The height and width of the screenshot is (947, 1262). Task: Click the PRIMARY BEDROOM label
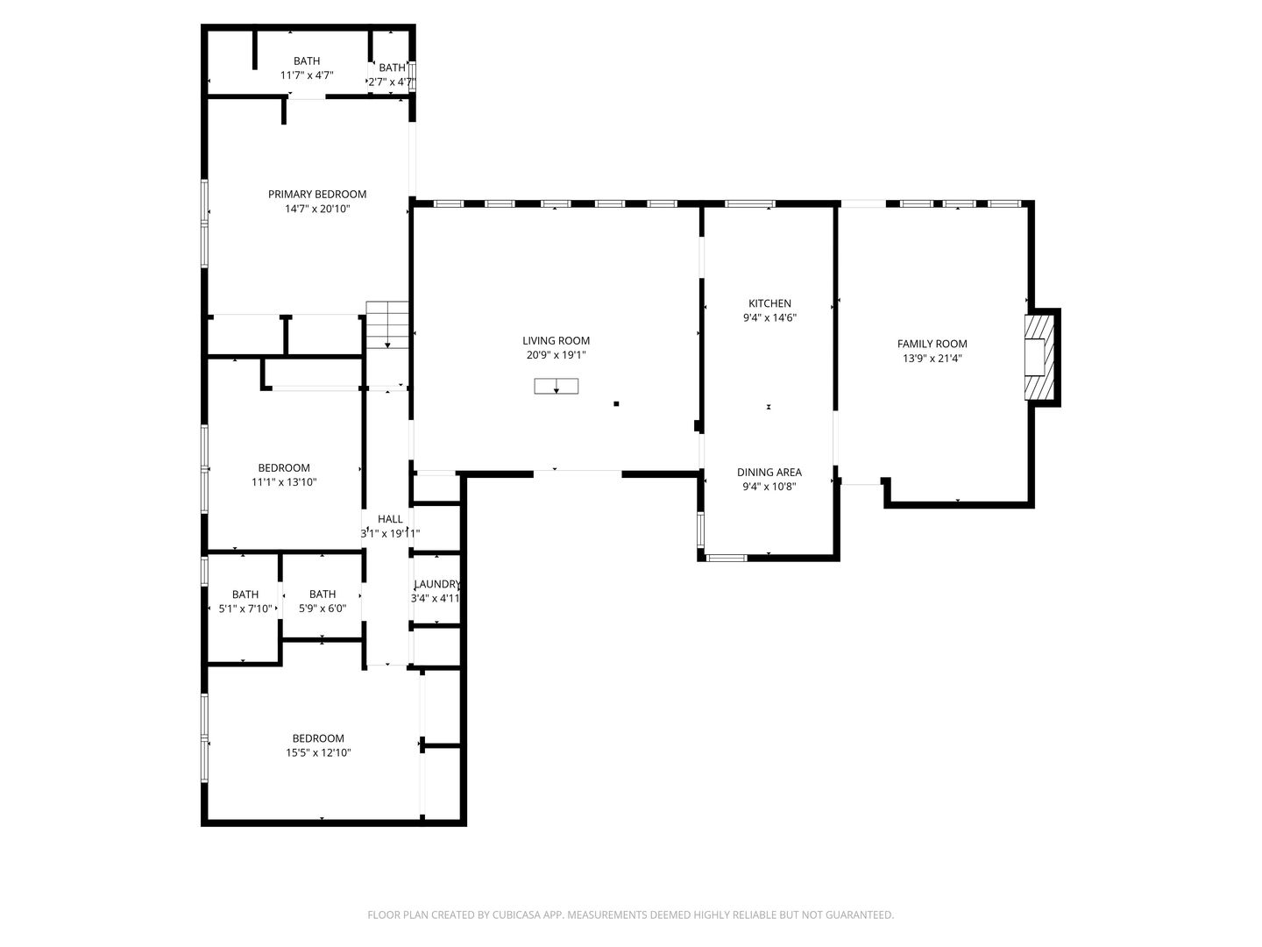coord(316,195)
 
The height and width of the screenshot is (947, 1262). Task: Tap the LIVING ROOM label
coord(556,341)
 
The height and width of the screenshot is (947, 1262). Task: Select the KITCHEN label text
coord(769,303)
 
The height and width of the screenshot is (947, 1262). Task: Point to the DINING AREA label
coord(769,473)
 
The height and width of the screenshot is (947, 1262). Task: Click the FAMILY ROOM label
coord(932,344)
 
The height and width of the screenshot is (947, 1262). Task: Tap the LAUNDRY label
coord(437,584)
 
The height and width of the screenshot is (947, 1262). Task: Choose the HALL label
coord(390,519)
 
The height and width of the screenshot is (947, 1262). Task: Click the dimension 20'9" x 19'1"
coord(556,355)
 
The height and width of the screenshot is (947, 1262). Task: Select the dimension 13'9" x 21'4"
coord(932,359)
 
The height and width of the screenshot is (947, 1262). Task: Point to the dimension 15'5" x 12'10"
coord(318,753)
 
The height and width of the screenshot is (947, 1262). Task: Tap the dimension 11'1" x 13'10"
coord(284,482)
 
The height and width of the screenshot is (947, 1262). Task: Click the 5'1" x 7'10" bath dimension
coord(245,609)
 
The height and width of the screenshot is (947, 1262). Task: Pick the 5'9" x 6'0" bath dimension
coord(322,609)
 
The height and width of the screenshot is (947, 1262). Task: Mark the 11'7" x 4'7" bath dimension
coord(307,75)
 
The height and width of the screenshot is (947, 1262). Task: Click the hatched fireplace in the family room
coord(1039,358)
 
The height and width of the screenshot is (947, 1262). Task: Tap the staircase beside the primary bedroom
coord(387,324)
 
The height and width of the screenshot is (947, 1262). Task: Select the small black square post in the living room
coord(616,403)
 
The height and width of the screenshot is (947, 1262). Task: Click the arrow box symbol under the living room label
coord(556,387)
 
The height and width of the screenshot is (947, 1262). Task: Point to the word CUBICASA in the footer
coord(515,915)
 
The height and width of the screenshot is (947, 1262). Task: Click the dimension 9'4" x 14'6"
coord(769,318)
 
